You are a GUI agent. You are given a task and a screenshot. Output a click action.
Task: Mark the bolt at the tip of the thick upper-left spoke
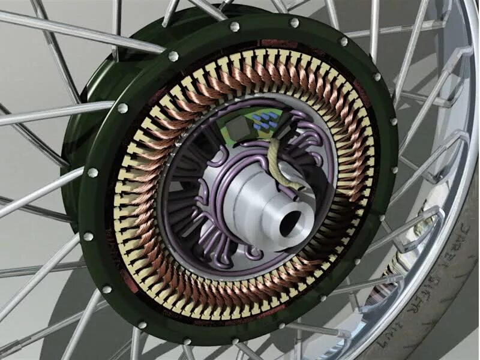[173, 56]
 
